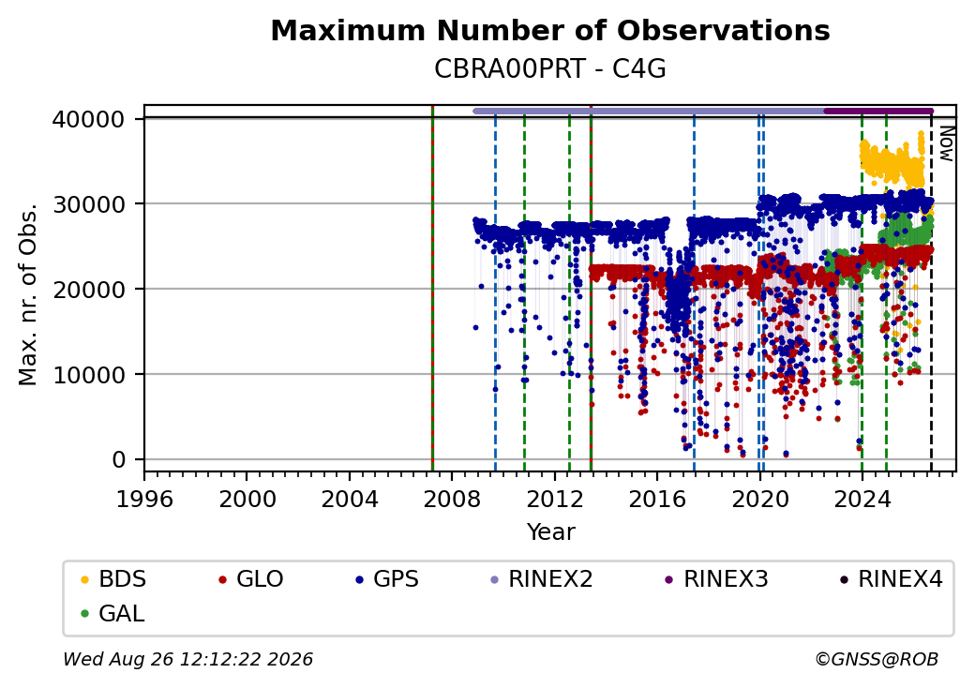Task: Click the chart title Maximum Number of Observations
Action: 550,30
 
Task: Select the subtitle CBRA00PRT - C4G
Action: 550,69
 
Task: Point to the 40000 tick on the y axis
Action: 89,119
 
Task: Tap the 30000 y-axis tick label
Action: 89,203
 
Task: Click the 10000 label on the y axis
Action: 89,375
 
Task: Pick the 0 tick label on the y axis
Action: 119,460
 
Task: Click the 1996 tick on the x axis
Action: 144,499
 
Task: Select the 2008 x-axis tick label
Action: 452,499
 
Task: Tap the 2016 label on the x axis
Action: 657,499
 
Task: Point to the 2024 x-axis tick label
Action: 862,499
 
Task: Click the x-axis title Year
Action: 551,532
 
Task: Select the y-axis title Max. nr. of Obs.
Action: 28,293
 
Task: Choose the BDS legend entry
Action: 113,579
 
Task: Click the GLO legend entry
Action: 251,579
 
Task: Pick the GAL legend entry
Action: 113,613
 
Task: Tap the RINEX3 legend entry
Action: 717,579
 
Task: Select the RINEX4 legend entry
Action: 892,579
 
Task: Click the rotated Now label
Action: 946,143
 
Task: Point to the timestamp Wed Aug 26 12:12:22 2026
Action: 187,659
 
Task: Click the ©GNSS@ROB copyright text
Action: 877,659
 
